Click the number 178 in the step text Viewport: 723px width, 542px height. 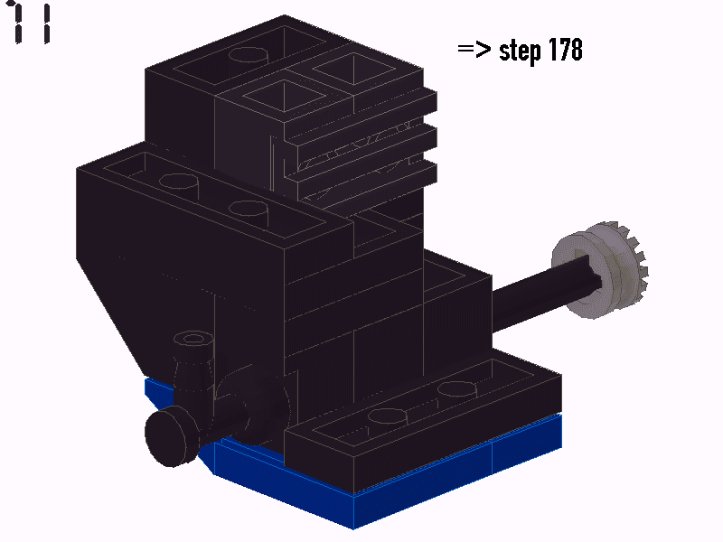tap(566, 51)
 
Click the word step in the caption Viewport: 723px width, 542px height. tap(521, 51)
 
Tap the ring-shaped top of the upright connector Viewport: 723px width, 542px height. tap(193, 340)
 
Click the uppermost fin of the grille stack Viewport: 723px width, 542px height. tap(361, 113)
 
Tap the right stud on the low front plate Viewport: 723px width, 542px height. tap(456, 389)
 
